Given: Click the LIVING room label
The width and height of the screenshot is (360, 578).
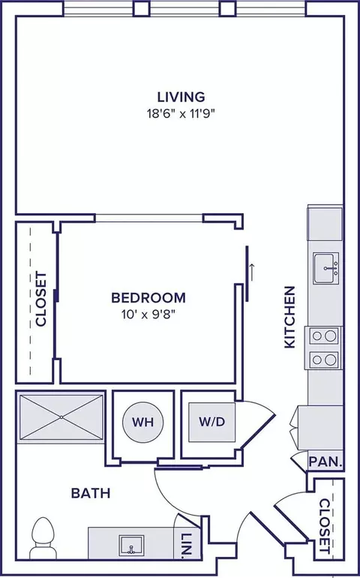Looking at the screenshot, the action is (181, 97).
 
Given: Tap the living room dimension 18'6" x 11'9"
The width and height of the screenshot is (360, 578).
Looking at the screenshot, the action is (181, 113).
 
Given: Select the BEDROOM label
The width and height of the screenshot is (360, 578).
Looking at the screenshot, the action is (148, 298).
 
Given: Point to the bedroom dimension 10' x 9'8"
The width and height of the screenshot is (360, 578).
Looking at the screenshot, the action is (148, 315).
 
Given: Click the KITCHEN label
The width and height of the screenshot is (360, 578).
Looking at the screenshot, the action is (290, 317).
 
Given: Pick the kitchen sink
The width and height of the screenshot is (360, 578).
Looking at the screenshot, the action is (326, 269).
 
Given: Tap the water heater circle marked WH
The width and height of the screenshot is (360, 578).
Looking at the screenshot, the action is (143, 422).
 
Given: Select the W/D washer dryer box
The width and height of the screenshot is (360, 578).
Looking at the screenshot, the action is (211, 422).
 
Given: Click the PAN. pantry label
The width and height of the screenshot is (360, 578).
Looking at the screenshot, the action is (325, 462).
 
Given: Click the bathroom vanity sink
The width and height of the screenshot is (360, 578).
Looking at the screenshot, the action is (130, 545).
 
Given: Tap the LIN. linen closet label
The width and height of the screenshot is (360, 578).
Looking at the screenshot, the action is (187, 545).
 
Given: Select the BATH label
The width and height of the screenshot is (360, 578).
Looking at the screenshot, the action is (91, 493).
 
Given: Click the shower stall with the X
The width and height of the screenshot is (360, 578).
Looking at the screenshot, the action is (61, 417).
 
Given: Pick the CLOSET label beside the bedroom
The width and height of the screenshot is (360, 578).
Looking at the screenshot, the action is (41, 299).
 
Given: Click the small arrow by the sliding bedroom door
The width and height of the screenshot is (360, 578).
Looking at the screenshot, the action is (253, 272).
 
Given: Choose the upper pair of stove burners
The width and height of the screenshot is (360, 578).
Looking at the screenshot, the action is (324, 336).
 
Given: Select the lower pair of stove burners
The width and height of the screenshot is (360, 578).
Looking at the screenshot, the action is (324, 360).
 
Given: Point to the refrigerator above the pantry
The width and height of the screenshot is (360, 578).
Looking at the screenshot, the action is (320, 428).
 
